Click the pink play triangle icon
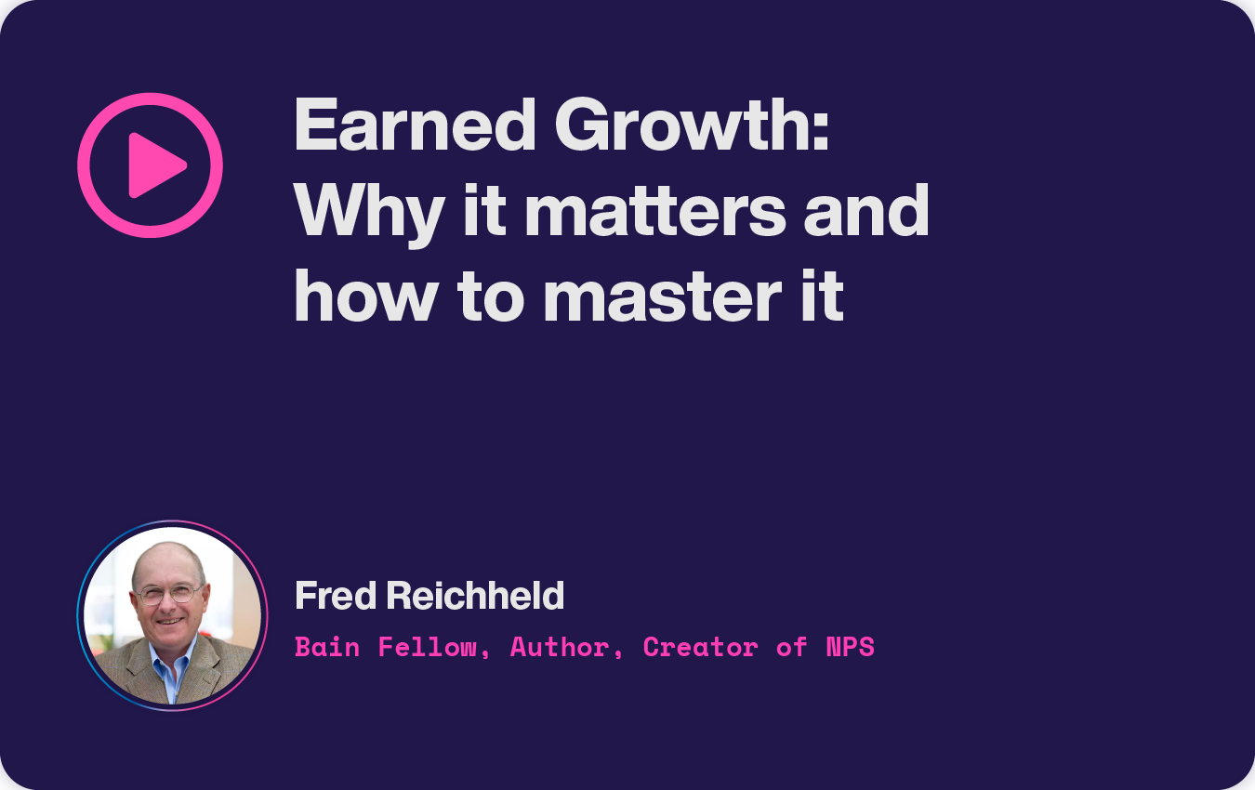(x=156, y=165)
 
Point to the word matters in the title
(x=654, y=212)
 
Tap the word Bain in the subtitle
(x=327, y=647)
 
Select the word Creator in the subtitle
(x=699, y=647)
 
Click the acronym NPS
(x=850, y=647)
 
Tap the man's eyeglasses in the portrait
(x=168, y=594)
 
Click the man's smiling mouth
(x=170, y=620)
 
